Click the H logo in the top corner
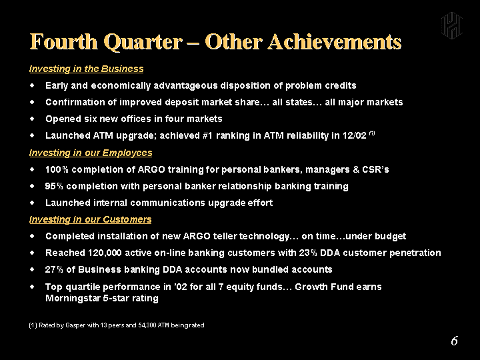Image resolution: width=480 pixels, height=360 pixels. pos(451,26)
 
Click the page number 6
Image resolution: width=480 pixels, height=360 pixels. pos(454,341)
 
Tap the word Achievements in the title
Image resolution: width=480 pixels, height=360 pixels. pos(335,41)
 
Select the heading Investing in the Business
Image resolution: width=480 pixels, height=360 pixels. pos(86,69)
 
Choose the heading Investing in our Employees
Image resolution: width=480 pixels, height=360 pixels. pos(91,153)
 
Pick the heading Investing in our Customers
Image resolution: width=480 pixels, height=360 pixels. pos(90,219)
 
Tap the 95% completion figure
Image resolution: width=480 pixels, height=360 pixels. pos(54,186)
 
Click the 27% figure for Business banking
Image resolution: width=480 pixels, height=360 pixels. pos(54,269)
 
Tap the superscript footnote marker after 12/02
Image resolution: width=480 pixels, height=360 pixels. pos(372,133)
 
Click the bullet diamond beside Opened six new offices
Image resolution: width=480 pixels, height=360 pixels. pos(32,119)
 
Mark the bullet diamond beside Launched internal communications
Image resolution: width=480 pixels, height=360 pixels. pos(32,203)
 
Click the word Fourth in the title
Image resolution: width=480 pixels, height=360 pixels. pos(64,41)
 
